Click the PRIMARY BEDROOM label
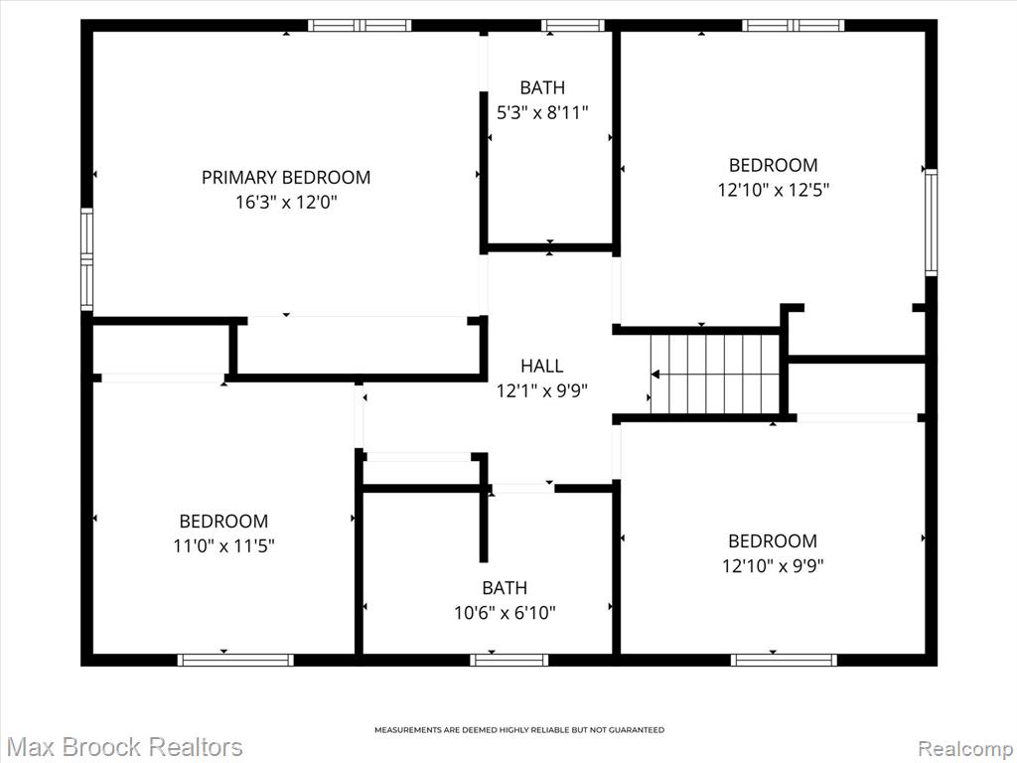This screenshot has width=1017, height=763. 286,177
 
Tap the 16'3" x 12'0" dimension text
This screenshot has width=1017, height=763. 286,203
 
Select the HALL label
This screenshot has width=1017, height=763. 542,366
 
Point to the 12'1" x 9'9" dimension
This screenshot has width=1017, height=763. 542,391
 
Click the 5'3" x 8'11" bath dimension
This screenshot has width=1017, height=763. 542,113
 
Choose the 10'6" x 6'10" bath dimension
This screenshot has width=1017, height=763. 505,612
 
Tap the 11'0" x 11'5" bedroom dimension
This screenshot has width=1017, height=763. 223,546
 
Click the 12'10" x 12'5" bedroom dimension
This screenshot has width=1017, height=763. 773,190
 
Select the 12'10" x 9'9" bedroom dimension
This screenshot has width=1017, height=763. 773,566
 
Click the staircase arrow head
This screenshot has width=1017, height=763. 655,375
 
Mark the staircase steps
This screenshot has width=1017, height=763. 715,374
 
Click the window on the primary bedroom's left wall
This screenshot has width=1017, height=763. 86,258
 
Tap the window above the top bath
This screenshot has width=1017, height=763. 573,25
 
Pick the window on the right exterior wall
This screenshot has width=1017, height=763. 931,222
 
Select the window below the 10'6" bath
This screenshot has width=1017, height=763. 509,660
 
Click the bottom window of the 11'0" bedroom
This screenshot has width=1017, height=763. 235,660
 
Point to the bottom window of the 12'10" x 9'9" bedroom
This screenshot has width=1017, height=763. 784,660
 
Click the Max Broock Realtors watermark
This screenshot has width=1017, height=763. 122,747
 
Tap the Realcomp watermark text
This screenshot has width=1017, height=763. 966,748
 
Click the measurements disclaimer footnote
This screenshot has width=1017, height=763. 519,730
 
